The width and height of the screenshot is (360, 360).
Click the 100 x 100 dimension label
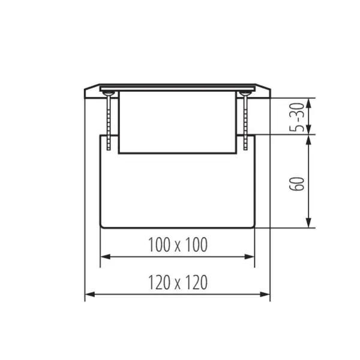pos(177,244)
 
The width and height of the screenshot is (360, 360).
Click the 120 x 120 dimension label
pos(177,282)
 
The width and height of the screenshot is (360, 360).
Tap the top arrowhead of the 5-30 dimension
pos(308,101)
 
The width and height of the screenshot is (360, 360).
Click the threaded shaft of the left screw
pos(108,120)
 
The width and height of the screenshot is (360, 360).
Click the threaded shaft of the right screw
pos(246,120)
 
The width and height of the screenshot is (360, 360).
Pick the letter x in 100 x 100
pos(177,245)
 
